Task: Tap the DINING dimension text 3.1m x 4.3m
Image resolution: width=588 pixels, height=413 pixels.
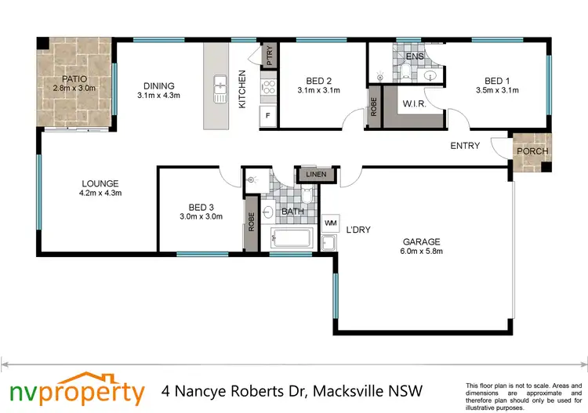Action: [158, 96]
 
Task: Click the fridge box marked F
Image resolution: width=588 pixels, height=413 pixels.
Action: [268, 116]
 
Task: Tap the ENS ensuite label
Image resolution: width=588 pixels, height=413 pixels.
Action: [415, 56]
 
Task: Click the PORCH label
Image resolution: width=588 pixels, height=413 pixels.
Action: [533, 151]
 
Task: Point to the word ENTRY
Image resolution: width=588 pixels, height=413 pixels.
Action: [465, 146]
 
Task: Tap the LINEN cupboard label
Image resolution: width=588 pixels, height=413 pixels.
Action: [315, 174]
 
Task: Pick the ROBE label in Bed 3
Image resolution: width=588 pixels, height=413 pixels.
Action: [252, 222]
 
